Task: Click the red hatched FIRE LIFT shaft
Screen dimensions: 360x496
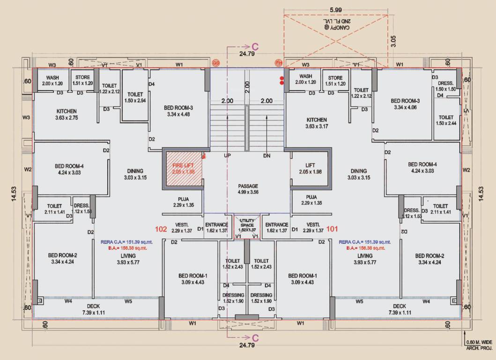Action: [x=183, y=169]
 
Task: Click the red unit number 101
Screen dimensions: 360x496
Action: [x=332, y=229]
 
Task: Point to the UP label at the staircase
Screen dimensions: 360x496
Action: [x=228, y=156]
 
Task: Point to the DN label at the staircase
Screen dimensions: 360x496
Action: [x=267, y=156]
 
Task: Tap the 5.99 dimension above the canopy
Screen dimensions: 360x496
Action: [x=335, y=9]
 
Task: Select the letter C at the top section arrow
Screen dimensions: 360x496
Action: [x=255, y=46]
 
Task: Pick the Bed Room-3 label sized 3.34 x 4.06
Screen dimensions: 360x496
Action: [x=405, y=104]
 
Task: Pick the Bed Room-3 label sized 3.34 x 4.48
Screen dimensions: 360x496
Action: [x=178, y=111]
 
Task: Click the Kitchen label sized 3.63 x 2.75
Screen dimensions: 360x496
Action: [x=67, y=114]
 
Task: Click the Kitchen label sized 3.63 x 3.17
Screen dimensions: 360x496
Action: [x=317, y=123]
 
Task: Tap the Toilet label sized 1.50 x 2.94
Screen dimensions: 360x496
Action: [x=135, y=97]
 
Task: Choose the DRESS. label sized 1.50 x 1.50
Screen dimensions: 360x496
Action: [x=445, y=86]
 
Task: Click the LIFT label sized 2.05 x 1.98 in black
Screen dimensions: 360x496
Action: [x=310, y=169]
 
